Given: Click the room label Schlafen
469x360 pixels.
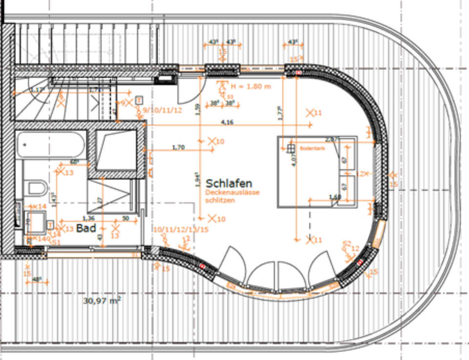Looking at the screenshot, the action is (x=229, y=184).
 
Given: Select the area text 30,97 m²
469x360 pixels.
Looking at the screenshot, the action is (x=102, y=301).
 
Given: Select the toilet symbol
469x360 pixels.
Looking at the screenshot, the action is (x=36, y=187).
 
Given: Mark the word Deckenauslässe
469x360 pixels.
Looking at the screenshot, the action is (x=233, y=193).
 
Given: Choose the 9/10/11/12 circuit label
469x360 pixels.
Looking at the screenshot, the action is (x=162, y=110).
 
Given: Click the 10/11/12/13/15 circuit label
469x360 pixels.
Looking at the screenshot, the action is (x=181, y=229).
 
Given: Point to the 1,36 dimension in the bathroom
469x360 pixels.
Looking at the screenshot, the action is (x=88, y=218).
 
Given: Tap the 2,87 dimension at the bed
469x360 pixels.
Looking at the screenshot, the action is (x=332, y=140).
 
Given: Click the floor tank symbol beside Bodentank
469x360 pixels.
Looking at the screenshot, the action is (x=291, y=147).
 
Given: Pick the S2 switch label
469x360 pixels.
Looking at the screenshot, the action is (x=347, y=243).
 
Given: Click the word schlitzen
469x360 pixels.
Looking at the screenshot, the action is (x=220, y=200).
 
